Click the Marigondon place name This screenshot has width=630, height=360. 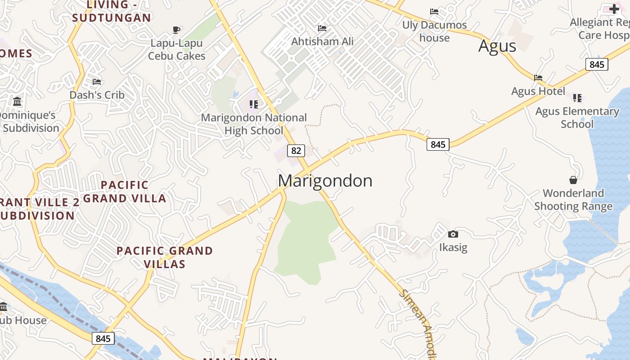coord(325,181)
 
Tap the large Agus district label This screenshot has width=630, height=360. coord(497,46)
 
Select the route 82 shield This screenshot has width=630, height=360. coord(296,150)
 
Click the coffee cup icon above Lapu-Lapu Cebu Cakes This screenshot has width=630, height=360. coord(176,30)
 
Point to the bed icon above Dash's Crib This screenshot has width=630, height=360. coord(97,81)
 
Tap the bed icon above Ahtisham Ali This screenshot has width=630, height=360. coord(322,28)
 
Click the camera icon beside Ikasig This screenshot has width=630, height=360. coord(453,234)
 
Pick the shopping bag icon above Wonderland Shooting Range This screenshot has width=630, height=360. coord(573,180)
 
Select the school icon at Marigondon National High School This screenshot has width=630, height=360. coord(254,104)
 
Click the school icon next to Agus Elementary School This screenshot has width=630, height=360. coord(577,98)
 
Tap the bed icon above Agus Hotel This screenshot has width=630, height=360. coord(538,77)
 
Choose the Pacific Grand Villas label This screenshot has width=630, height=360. coord(165,257)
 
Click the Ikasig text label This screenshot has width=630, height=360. coord(453,247)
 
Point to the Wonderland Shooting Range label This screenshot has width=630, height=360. coord(573,200)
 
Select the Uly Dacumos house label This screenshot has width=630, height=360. coord(434,31)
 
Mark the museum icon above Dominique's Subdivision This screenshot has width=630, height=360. coord(17,101)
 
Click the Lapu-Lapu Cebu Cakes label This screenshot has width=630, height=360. coord(176,49)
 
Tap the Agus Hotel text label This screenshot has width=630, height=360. coord(538,91)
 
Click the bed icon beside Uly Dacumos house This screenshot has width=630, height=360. coord(434,11)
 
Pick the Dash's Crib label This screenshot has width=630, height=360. coord(97,95)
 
